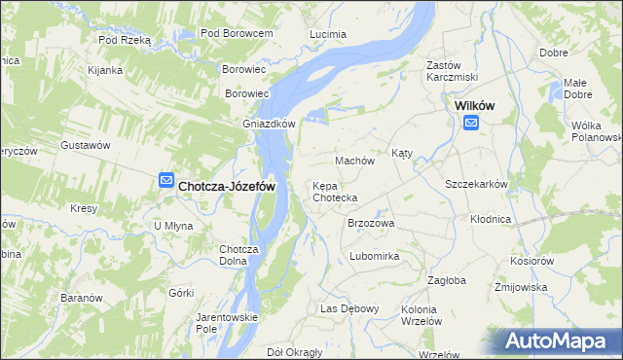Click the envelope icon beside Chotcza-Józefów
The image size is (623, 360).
[x=165, y=180]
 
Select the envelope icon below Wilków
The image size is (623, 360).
[x=471, y=123]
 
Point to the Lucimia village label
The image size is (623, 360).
[x=328, y=34]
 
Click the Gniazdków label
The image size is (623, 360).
[x=269, y=124]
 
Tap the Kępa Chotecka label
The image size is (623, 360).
[x=335, y=192]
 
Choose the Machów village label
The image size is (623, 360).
[x=354, y=160]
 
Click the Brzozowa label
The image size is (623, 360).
[x=371, y=223]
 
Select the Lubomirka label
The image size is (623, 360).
[x=375, y=256]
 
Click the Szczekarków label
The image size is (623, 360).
[x=477, y=184]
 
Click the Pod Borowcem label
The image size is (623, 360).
[x=236, y=33]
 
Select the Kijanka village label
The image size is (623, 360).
[x=104, y=70]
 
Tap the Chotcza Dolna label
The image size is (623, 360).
[x=238, y=254]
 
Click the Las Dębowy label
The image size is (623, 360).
[x=349, y=308]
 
